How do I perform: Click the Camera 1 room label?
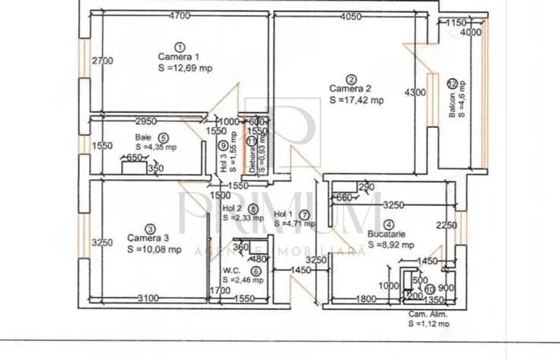click(x=174, y=56)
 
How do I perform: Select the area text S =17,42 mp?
click(x=356, y=100)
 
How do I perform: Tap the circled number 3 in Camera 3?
click(x=150, y=228)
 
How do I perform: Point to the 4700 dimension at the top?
click(x=179, y=17)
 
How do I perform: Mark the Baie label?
click(x=143, y=137)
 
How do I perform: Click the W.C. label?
click(x=232, y=270)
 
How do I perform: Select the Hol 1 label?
click(x=282, y=214)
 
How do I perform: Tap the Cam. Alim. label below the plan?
click(x=428, y=315)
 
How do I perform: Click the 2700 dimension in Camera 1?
click(x=102, y=61)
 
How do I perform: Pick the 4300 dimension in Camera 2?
click(x=415, y=93)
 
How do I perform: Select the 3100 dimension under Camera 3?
click(x=147, y=298)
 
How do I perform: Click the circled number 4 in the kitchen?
click(x=389, y=224)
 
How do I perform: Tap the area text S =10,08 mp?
click(x=154, y=249)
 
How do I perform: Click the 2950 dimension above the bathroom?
click(x=147, y=121)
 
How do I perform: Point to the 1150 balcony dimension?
click(x=455, y=23)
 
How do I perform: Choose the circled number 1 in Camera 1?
click(x=180, y=46)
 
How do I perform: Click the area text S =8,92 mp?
click(x=390, y=244)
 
